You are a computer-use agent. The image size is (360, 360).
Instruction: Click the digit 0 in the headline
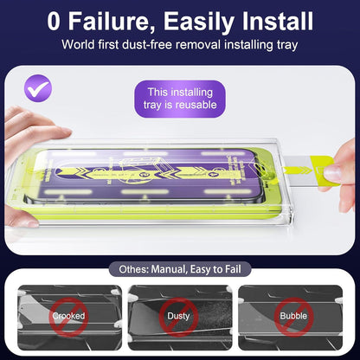tap(54, 21)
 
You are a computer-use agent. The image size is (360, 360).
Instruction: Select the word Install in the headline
tap(278, 21)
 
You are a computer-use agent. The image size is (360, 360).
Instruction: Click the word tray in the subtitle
tap(287, 45)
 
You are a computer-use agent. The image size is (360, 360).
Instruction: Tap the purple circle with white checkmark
tap(38, 88)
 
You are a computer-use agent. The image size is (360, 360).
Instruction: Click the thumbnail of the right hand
tap(332, 173)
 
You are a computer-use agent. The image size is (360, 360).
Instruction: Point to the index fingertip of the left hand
tap(66, 132)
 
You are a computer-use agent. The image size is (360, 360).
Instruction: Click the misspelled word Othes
tap(134, 269)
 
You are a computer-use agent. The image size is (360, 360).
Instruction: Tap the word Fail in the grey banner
tap(233, 269)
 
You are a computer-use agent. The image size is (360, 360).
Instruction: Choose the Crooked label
tap(68, 316)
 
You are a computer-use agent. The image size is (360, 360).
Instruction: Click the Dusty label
tap(178, 316)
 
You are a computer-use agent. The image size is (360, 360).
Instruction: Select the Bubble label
tap(293, 316)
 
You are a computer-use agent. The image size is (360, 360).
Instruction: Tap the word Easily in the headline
tap(199, 22)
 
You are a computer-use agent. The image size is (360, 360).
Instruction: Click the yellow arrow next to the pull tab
tap(297, 170)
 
